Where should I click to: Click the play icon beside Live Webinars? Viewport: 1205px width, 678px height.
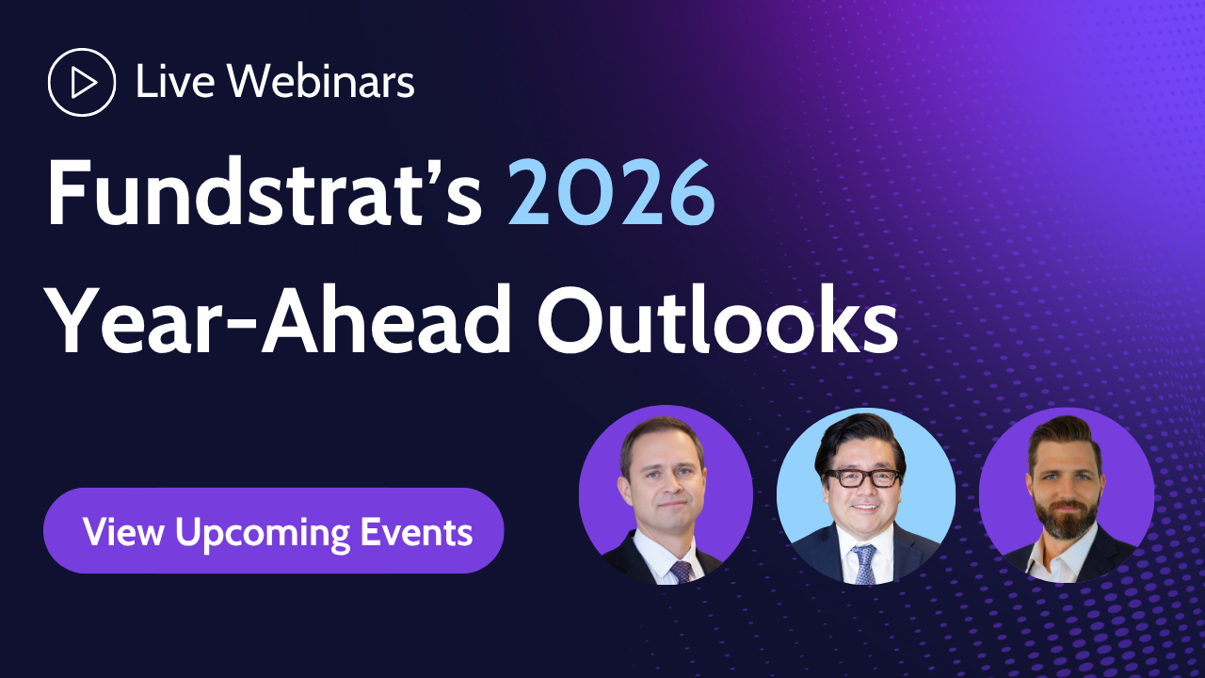coord(82,83)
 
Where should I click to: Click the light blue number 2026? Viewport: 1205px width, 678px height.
coord(612,193)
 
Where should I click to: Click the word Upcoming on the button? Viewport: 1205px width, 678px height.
coord(263,533)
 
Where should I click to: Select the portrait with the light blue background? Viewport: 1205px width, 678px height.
coord(865,496)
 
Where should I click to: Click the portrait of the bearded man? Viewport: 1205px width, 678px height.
coord(1066,496)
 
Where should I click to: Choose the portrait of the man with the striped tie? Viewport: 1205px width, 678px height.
coord(666,496)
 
